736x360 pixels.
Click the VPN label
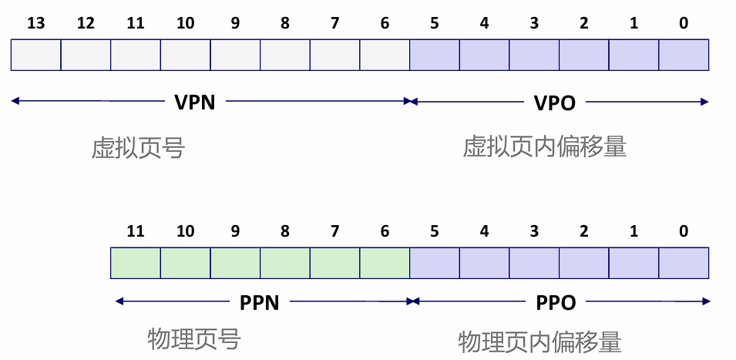pyautogui.click(x=194, y=102)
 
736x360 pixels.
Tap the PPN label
pyautogui.click(x=259, y=302)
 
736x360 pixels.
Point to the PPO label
pyautogui.click(x=556, y=302)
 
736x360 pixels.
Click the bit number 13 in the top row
pyautogui.click(x=35, y=23)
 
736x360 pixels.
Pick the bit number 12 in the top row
pyautogui.click(x=86, y=23)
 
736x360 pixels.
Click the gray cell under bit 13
pyautogui.click(x=35, y=56)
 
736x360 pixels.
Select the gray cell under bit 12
pyautogui.click(x=86, y=56)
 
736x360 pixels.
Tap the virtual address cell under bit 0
pyautogui.click(x=684, y=56)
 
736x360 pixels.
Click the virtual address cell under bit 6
pyautogui.click(x=385, y=56)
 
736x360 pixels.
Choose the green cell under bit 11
pyautogui.click(x=136, y=263)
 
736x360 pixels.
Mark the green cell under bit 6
pyautogui.click(x=385, y=263)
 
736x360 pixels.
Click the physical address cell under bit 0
pyautogui.click(x=684, y=263)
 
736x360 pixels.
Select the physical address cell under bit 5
pyautogui.click(x=435, y=263)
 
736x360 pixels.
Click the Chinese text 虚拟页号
pyautogui.click(x=138, y=148)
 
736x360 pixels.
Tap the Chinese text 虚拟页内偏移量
pyautogui.click(x=544, y=146)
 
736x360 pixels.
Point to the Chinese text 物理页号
pyautogui.click(x=193, y=339)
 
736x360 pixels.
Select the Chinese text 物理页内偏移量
pyautogui.click(x=539, y=341)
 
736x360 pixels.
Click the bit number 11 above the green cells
pyautogui.click(x=136, y=231)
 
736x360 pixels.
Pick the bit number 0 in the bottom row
pyautogui.click(x=684, y=231)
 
